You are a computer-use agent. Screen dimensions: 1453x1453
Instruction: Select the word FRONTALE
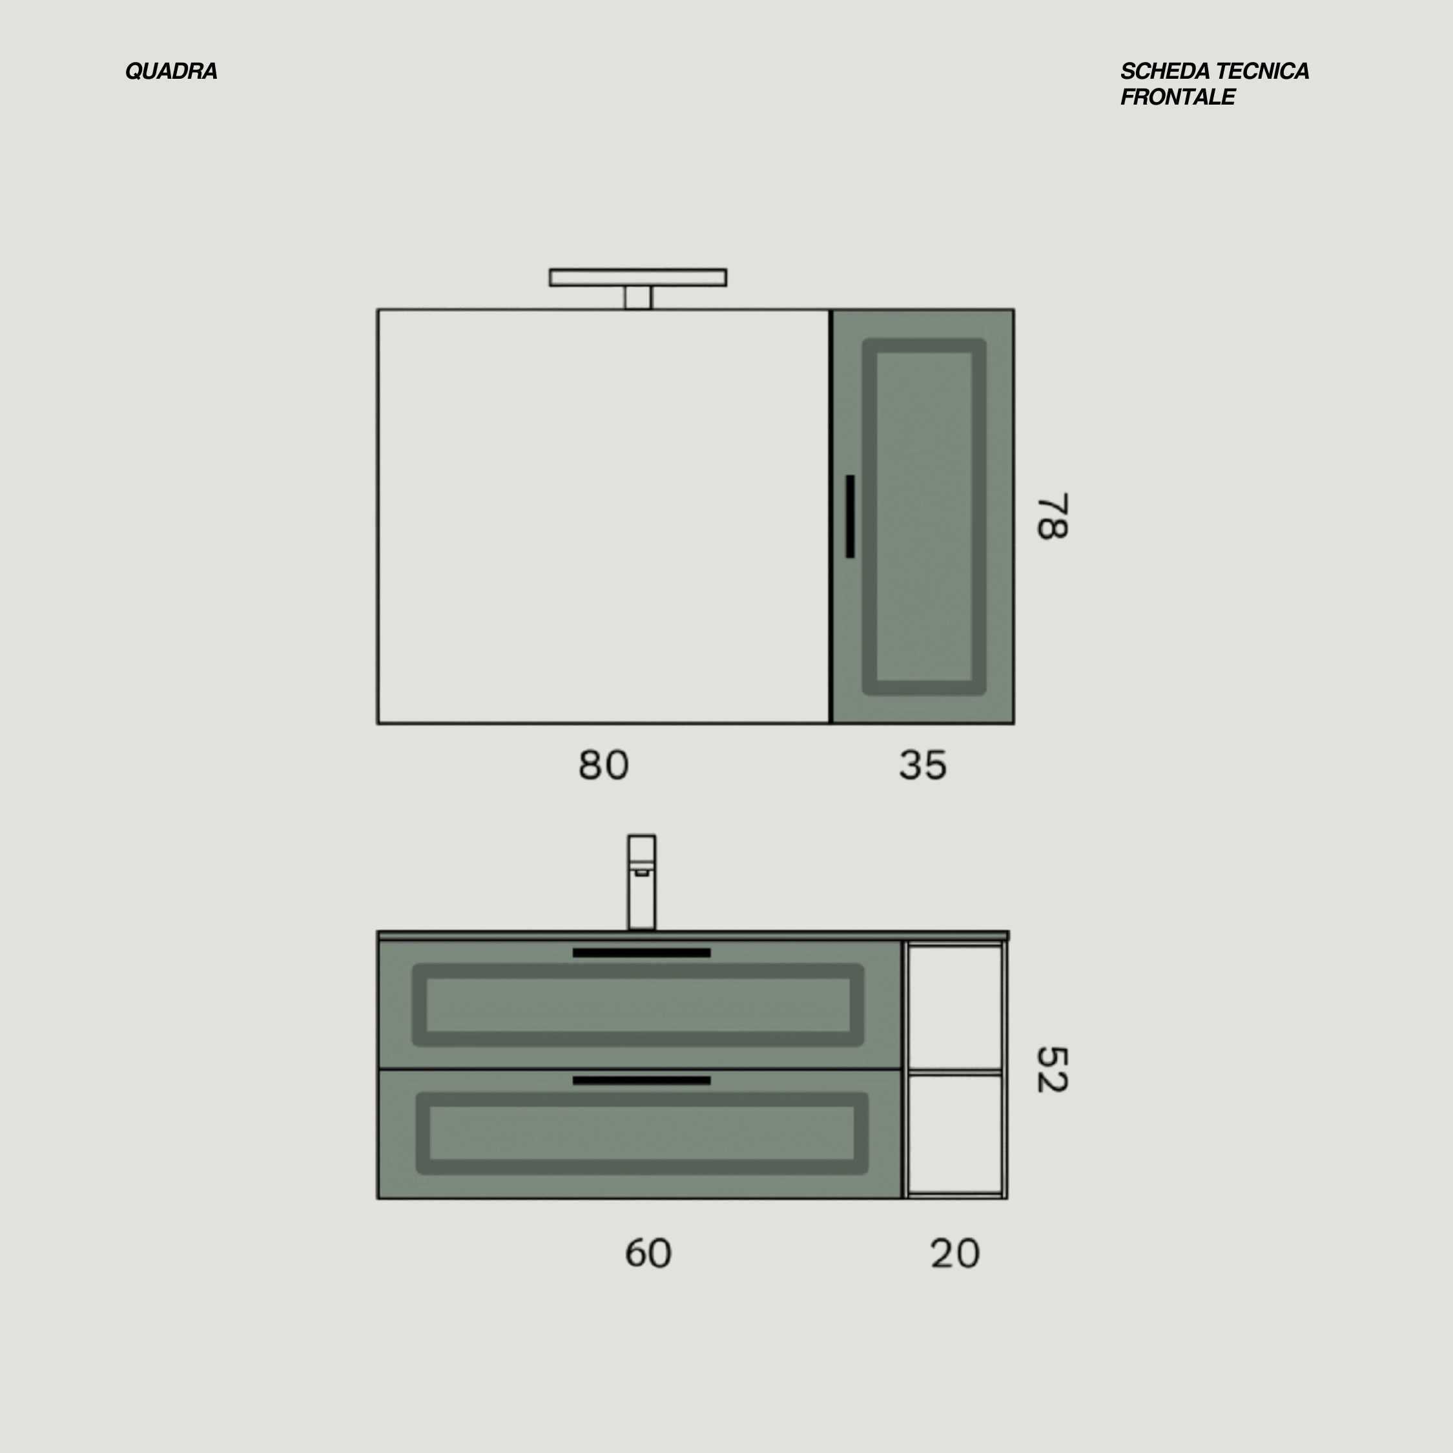point(1178,97)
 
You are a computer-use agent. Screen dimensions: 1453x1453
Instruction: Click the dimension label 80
point(603,766)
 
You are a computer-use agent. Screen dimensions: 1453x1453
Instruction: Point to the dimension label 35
point(923,766)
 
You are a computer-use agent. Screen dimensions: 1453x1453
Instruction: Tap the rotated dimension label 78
point(1052,517)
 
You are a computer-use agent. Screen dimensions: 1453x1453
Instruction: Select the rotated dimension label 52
point(1052,1069)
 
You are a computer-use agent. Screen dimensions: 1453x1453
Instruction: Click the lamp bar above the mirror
point(638,278)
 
